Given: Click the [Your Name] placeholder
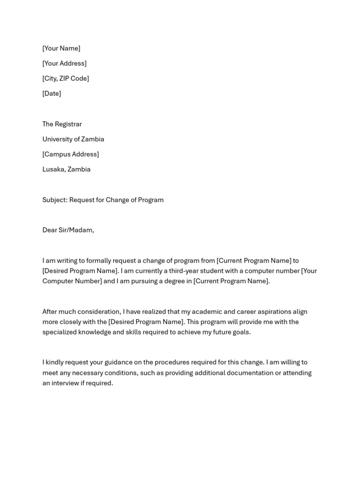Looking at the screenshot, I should click(x=61, y=48).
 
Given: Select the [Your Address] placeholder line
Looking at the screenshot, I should click(x=64, y=63).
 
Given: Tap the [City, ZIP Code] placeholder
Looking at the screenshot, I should click(x=65, y=78).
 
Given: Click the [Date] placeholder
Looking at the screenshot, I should click(x=52, y=93).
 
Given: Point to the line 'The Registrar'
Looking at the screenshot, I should click(x=62, y=124).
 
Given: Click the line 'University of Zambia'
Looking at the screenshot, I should click(x=73, y=139).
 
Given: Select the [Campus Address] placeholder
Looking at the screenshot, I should click(x=71, y=154).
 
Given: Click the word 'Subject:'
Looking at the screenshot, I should click(x=55, y=200).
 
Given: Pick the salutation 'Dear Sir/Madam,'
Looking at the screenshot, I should click(x=68, y=230).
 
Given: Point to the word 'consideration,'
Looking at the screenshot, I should click(x=97, y=311).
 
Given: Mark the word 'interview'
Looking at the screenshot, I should click(x=66, y=383).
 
